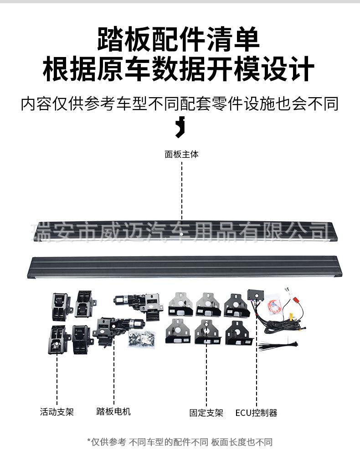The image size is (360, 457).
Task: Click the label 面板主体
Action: pos(181,154)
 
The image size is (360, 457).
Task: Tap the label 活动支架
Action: pos(57,412)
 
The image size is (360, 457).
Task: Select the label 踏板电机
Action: pos(113,411)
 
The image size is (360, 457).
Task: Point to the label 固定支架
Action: pos(206,413)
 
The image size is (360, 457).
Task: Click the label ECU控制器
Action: pos(256,413)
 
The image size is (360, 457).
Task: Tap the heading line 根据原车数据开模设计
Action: pos(179,69)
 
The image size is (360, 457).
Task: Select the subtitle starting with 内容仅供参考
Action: pos(180,104)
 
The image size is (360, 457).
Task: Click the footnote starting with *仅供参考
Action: pos(180,441)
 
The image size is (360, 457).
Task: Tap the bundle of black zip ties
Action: pos(275,345)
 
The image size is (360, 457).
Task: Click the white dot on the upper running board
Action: pos(181,233)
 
